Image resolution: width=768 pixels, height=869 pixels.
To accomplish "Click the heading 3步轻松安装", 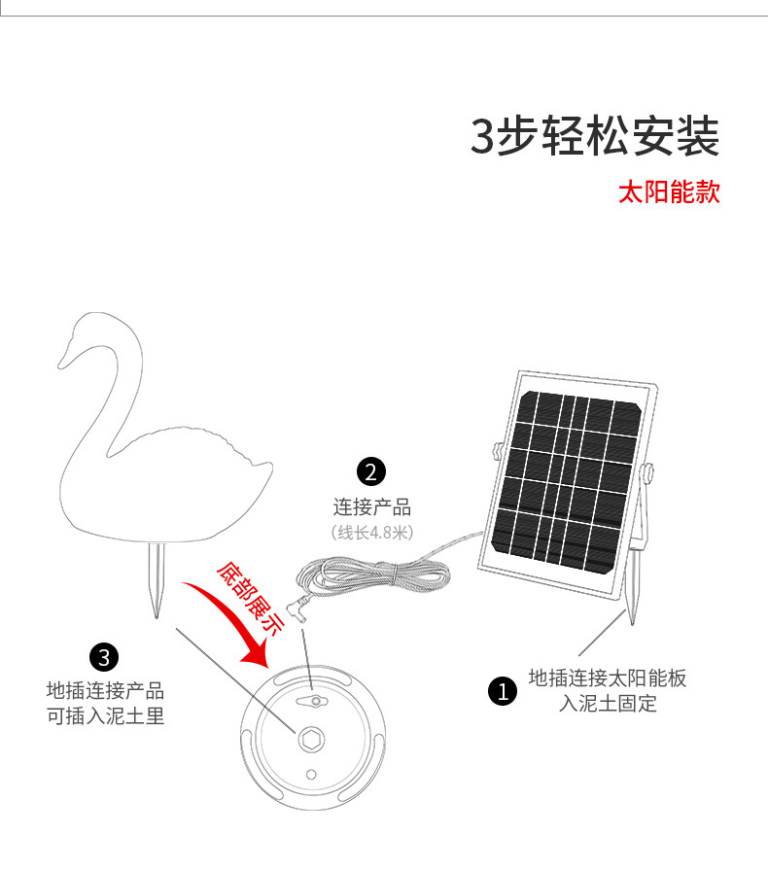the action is [x=595, y=136].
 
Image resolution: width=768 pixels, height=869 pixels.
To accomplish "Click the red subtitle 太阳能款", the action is [x=669, y=191].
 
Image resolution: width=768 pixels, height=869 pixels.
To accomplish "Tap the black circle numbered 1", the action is [x=502, y=691].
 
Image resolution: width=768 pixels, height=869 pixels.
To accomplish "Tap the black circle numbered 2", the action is [x=371, y=472].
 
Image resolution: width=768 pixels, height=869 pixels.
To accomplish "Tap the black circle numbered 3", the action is [x=104, y=656].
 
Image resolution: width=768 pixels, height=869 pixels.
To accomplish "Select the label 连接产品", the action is [x=372, y=506].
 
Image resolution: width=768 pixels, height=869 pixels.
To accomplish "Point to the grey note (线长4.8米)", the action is [x=372, y=532].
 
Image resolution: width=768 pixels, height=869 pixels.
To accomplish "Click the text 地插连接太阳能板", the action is [x=608, y=678].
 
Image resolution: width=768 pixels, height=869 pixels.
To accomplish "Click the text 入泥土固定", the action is [x=608, y=704].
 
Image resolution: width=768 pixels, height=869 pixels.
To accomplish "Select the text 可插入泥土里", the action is [x=105, y=716].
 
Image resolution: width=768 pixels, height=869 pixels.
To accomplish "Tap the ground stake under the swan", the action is [x=156, y=581].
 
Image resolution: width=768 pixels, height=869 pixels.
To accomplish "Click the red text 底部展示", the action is [x=250, y=597].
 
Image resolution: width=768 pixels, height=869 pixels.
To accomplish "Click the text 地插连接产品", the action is [x=105, y=691].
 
